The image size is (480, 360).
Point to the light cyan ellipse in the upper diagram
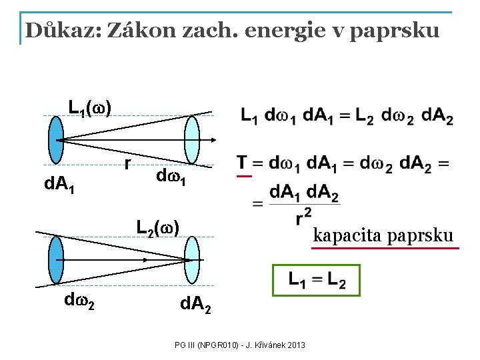(192, 139)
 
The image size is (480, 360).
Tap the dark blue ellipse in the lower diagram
(57, 260)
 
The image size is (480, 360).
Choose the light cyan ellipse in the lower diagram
(192, 259)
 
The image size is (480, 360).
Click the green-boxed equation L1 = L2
(317, 280)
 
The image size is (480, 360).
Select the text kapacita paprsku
(384, 235)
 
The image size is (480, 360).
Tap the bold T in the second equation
(241, 163)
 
